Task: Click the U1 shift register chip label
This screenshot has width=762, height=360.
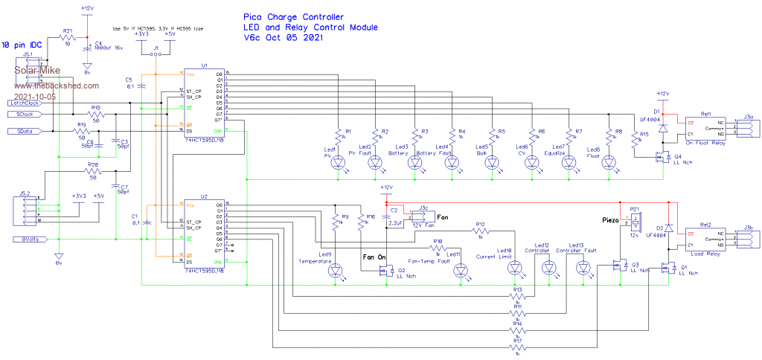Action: click(204, 65)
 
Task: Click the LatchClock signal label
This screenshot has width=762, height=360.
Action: click(24, 103)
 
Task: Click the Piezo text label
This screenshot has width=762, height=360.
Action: click(611, 220)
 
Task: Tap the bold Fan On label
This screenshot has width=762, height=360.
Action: click(374, 257)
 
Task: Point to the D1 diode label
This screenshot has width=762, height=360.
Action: click(656, 111)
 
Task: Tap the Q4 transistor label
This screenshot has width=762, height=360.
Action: click(678, 157)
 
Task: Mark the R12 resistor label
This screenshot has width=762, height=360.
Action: click(481, 224)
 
